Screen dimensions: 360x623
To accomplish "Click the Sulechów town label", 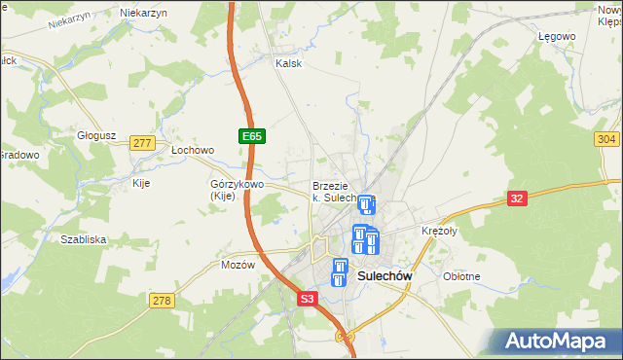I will (386, 276).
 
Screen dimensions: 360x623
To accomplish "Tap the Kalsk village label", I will (289, 63).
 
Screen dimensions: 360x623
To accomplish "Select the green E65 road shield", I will (249, 137).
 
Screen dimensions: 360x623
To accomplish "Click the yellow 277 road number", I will (142, 143).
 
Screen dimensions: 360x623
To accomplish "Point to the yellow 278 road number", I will (162, 301).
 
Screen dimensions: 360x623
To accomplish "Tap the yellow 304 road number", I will (605, 139).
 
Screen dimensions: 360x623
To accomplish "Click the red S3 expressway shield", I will (308, 300).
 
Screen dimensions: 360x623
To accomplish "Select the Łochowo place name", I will (192, 151).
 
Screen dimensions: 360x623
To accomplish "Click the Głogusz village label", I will (97, 136).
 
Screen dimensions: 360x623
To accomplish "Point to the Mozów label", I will (238, 265).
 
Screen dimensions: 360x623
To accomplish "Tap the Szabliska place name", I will (83, 239).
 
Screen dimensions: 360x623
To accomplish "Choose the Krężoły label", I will (439, 232).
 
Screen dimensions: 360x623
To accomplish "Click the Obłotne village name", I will (461, 276).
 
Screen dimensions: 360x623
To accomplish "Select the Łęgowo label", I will (557, 36).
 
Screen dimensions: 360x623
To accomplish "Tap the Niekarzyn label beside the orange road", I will (143, 13).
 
